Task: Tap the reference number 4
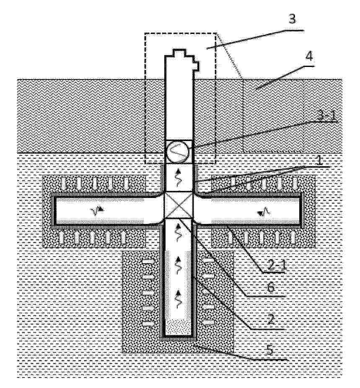309,57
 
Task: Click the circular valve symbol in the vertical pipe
179,152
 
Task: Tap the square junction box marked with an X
179,205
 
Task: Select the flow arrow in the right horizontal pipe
263,212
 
